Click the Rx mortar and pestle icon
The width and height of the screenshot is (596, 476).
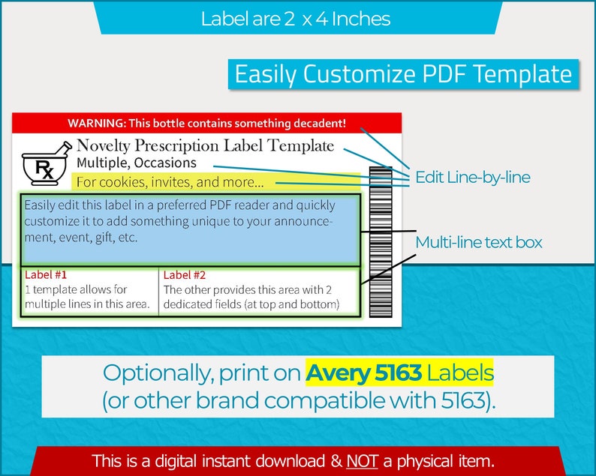(47, 163)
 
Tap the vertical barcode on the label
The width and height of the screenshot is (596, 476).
(381, 242)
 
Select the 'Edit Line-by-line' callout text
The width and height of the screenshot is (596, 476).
(472, 177)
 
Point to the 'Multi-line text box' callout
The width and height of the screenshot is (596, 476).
(479, 242)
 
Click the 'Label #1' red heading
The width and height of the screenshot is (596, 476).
(46, 274)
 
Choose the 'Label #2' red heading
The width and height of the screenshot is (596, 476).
(185, 275)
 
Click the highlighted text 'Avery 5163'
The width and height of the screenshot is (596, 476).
(364, 373)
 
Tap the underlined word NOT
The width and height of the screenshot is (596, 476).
(362, 461)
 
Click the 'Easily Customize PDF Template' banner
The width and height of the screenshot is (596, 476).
(403, 74)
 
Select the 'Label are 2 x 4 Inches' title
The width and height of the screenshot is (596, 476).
(295, 19)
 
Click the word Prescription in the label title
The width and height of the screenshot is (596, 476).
(176, 145)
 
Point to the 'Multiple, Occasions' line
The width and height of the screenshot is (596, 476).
(137, 163)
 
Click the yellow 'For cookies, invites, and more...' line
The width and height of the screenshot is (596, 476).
(170, 182)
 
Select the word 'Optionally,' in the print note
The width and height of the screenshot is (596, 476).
(157, 373)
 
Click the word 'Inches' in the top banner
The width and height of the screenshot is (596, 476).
(361, 19)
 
